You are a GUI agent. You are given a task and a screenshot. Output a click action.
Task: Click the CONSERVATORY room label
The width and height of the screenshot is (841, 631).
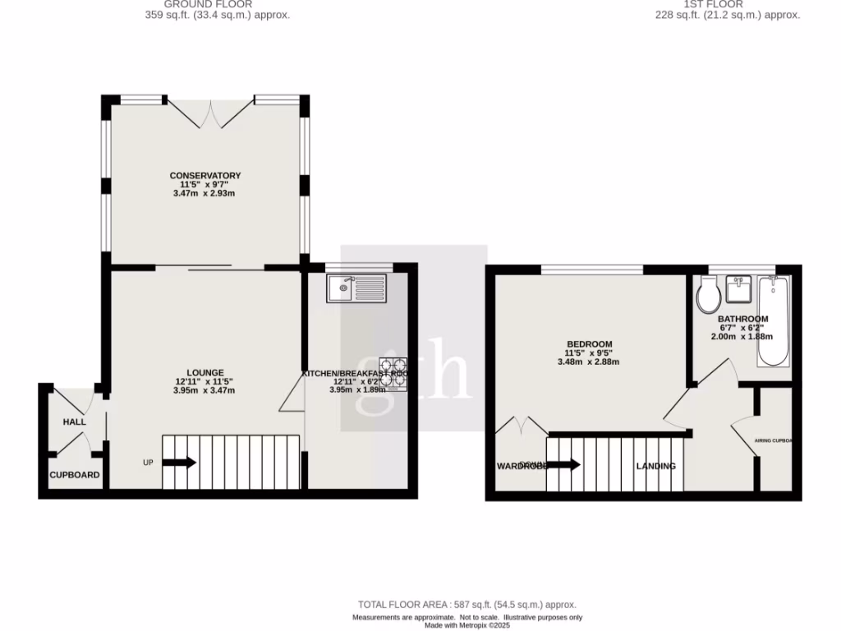(205, 175)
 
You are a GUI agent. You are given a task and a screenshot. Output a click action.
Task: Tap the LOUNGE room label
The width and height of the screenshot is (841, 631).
(205, 372)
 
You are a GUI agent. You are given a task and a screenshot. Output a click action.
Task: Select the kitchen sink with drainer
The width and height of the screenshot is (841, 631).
(355, 288)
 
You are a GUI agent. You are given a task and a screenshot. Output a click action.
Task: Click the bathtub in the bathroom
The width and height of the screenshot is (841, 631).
(774, 321)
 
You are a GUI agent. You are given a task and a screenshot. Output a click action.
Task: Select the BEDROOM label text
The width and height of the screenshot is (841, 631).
(589, 343)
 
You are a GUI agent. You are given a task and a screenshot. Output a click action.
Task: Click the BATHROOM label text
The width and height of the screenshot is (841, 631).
(742, 319)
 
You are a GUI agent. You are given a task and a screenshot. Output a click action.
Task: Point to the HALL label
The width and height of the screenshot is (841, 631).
(74, 422)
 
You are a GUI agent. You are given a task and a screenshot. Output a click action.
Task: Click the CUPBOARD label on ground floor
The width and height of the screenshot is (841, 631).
(75, 475)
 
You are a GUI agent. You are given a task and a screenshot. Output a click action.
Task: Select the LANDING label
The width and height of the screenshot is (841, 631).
(655, 466)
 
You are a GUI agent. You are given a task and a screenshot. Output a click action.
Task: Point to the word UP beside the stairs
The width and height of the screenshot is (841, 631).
(148, 463)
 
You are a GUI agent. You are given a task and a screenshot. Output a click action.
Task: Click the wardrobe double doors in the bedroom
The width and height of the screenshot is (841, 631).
(521, 426)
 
